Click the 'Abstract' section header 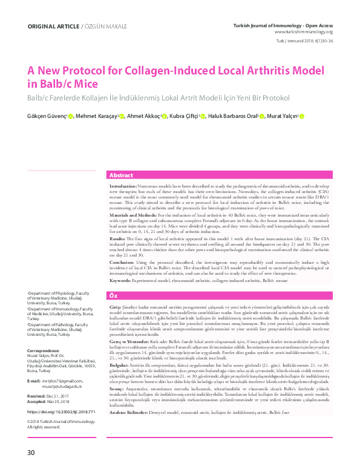(121, 175)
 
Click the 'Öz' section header (113, 295)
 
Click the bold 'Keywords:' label (119, 281)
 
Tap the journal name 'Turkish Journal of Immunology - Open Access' (283, 25)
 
